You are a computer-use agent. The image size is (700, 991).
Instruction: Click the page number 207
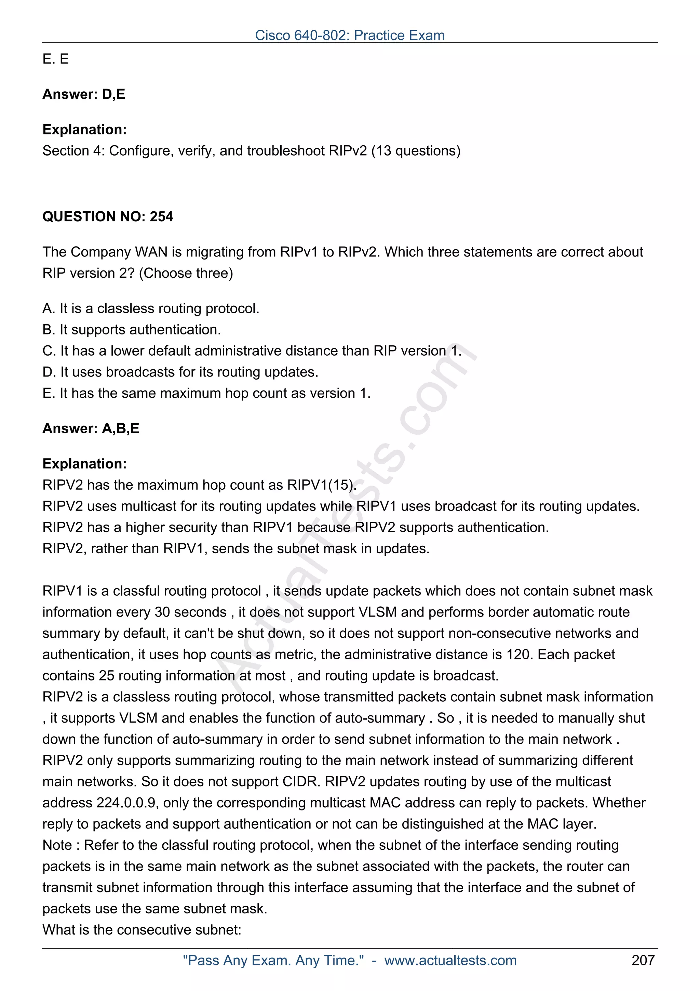[643, 960]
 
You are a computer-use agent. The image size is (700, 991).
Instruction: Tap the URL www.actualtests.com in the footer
[450, 960]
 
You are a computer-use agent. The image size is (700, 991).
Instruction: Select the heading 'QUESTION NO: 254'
[107, 216]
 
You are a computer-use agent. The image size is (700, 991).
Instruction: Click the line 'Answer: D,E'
[84, 94]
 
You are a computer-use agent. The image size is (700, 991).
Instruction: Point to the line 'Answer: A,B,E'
[91, 428]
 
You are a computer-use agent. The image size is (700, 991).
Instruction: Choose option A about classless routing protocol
[150, 308]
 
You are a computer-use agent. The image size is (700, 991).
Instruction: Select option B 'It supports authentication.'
[132, 329]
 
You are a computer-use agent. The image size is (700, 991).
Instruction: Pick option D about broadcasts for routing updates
[180, 372]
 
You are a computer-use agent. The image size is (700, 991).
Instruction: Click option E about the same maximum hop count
[206, 393]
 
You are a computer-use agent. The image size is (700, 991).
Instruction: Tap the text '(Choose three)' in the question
[186, 273]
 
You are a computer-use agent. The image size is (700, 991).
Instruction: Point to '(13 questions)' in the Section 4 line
[416, 151]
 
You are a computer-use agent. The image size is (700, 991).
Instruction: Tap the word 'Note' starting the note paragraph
[57, 845]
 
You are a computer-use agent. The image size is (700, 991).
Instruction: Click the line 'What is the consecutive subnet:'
[142, 929]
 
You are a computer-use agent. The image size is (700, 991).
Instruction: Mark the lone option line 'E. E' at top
[56, 59]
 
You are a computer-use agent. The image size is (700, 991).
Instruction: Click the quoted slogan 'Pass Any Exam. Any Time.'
[273, 960]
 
